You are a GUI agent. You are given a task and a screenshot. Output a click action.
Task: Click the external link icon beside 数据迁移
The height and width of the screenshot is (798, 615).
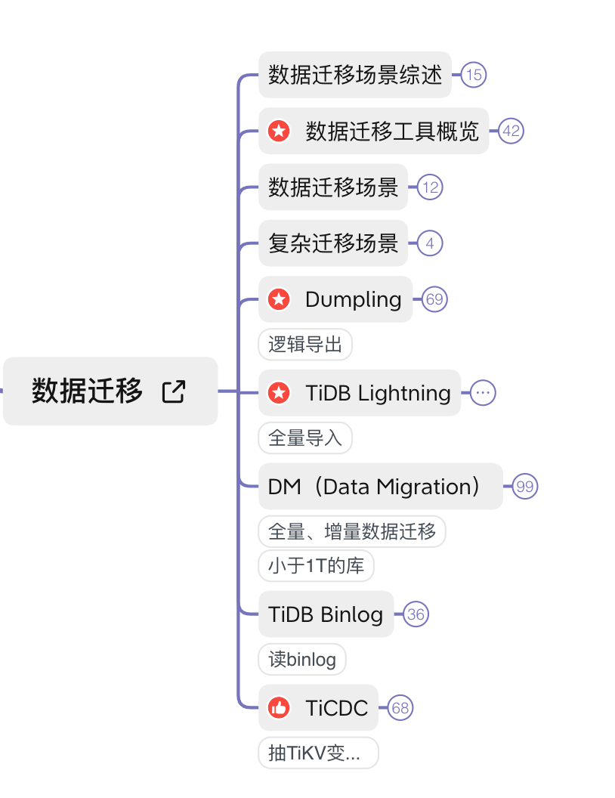pos(174,391)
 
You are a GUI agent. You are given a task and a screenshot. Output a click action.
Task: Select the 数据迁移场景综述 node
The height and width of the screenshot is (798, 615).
pos(355,75)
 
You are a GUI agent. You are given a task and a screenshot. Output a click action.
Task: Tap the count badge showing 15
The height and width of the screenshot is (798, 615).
pos(474,75)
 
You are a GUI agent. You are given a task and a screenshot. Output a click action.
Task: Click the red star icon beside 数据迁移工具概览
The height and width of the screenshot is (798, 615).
pos(280,131)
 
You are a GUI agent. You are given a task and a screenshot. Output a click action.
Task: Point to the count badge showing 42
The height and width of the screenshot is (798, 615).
pos(511,131)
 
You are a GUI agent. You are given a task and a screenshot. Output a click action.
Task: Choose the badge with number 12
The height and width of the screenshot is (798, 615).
pos(430,187)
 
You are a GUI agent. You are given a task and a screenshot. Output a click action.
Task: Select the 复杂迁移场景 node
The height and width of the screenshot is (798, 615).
pos(333,243)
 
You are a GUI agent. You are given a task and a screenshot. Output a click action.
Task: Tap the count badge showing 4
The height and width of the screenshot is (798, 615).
pos(430,243)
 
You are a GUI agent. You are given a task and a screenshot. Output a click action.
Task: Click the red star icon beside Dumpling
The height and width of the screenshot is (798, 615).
pos(280,299)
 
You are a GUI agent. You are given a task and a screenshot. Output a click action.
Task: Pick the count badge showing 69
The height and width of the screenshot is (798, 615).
pos(434,299)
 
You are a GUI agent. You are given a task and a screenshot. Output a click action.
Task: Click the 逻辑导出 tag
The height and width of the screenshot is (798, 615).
pos(305,345)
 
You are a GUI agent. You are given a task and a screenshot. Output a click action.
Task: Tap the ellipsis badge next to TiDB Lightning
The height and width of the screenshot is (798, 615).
pos(484,393)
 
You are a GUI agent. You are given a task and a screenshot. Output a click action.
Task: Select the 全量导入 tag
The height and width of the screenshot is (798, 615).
pos(305,438)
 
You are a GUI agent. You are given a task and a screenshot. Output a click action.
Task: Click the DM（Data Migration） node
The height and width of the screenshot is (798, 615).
pos(380,487)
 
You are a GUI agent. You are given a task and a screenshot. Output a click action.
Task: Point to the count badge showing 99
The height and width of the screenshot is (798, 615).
pos(525,487)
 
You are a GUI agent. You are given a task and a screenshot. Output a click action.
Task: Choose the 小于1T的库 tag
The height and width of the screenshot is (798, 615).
pos(316,566)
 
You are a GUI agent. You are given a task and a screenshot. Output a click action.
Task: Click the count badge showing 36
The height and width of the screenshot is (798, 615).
pos(416,614)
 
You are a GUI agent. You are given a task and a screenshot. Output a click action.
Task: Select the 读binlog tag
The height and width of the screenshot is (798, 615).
pos(302,660)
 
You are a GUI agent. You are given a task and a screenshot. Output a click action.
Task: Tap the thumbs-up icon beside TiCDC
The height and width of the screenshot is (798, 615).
pos(280,708)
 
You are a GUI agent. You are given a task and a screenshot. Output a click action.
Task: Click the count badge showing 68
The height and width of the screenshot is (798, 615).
pos(400,708)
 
